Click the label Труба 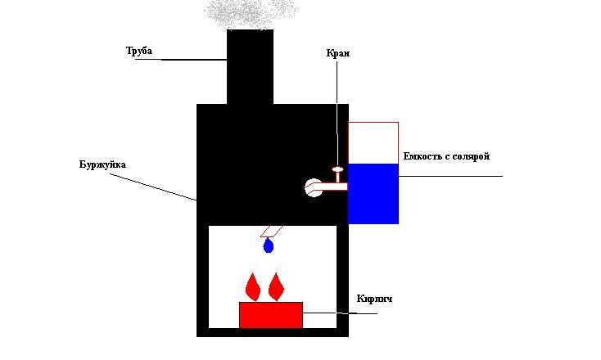[138, 51]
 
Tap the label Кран [337, 54]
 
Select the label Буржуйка [103, 164]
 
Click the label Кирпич [374, 299]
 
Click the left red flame [253, 286]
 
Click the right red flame [277, 286]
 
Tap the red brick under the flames [270, 315]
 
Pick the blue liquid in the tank [373, 193]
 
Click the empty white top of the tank [373, 142]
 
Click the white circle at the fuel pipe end [313, 188]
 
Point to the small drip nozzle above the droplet [271, 231]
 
